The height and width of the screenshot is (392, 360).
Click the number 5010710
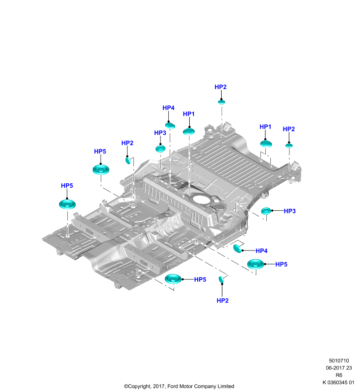pos(339,361)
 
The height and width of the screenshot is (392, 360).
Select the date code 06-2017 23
pos(339,368)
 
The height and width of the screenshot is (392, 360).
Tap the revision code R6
pos(339,375)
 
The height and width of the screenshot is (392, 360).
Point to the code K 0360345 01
pos(338,382)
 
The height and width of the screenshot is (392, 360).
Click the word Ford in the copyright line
pos(173,386)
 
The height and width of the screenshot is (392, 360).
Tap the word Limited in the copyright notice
pos(226,386)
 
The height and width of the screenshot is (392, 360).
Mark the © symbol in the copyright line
pos(126,386)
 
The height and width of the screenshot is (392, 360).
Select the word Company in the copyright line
pos(205,386)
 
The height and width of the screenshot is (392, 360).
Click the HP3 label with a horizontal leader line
pos(290,211)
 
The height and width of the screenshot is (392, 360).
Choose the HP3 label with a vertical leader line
pos(160,133)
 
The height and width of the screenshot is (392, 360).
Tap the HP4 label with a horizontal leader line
pos(261,251)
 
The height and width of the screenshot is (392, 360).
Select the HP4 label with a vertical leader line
pos(168,108)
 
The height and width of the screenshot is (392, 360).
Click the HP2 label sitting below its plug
pos(222,300)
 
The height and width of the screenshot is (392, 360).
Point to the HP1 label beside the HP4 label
pos(189,114)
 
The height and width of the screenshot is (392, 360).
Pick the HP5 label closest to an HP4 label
pos(281,264)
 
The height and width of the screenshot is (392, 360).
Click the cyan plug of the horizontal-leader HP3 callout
pos(266,211)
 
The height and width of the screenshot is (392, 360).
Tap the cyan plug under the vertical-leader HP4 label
pos(170,125)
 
